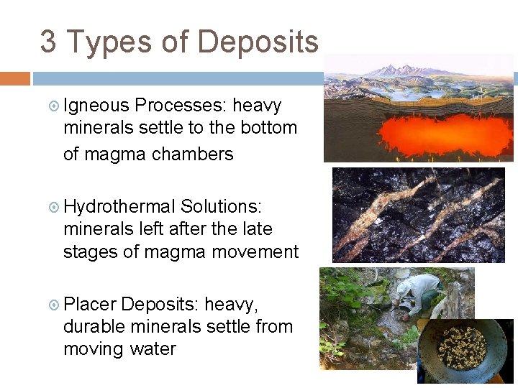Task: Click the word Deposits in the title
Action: (258, 42)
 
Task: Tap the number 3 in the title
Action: (48, 42)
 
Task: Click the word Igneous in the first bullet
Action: (96, 106)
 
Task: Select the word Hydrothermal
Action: (119, 207)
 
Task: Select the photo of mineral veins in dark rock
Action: (419, 214)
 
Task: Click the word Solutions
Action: (221, 207)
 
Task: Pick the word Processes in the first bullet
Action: (180, 106)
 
